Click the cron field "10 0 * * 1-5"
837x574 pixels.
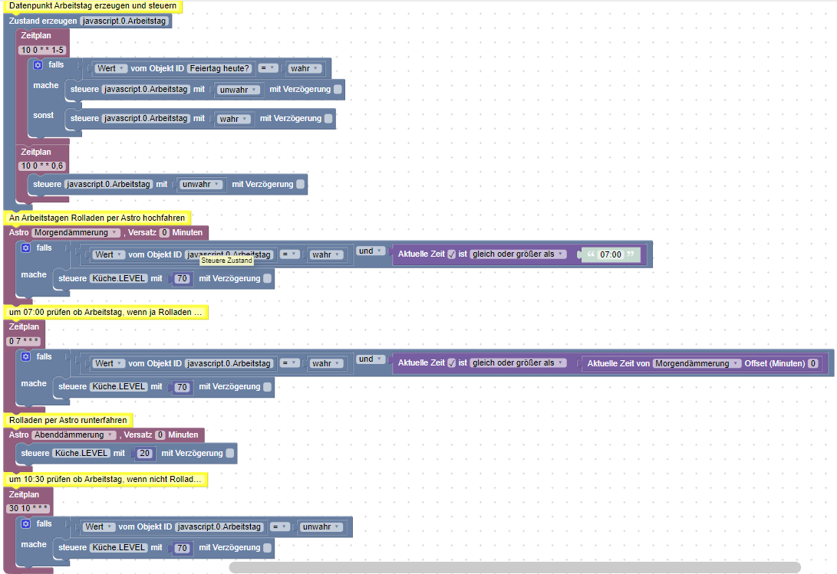pyautogui.click(x=42, y=50)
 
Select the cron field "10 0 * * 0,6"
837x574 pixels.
pyautogui.click(x=42, y=166)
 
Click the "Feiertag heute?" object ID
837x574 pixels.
pyautogui.click(x=219, y=68)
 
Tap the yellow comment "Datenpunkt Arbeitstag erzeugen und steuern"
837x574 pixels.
pyautogui.click(x=93, y=6)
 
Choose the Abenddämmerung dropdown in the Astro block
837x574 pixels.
pyautogui.click(x=74, y=435)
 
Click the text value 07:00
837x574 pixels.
pyautogui.click(x=611, y=254)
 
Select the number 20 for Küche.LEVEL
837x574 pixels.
pyautogui.click(x=145, y=454)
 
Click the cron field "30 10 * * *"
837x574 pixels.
pyautogui.click(x=28, y=508)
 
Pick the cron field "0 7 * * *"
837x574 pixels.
pyautogui.click(x=24, y=341)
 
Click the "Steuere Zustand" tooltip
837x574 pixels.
pyautogui.click(x=227, y=261)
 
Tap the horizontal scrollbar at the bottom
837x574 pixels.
pyautogui.click(x=515, y=567)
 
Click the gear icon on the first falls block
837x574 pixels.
pyautogui.click(x=38, y=65)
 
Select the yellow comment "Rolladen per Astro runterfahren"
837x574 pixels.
pyautogui.click(x=68, y=420)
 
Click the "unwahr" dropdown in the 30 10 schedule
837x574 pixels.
pyautogui.click(x=320, y=527)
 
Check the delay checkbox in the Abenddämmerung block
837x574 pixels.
pyautogui.click(x=230, y=454)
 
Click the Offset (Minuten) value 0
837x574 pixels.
pyautogui.click(x=813, y=363)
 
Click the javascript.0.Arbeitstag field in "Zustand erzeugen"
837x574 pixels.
pyautogui.click(x=124, y=21)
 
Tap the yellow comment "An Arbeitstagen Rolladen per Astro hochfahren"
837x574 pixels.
pyautogui.click(x=97, y=218)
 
